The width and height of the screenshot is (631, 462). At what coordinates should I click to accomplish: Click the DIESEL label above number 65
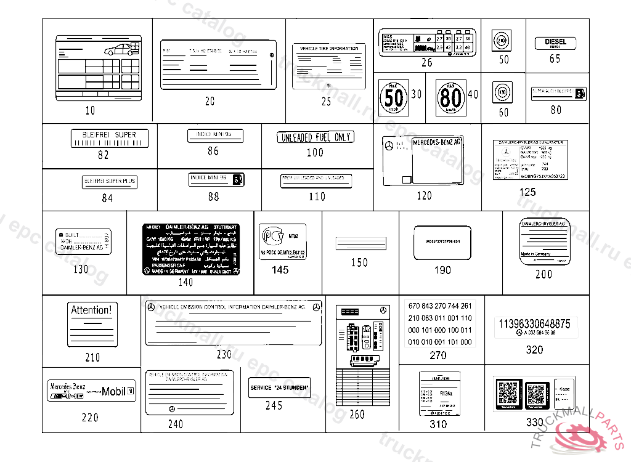555,43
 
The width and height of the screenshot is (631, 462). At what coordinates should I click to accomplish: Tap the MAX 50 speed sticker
393,97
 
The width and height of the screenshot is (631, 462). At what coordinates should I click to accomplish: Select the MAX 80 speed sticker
450,98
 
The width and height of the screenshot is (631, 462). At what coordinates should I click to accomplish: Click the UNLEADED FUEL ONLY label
315,137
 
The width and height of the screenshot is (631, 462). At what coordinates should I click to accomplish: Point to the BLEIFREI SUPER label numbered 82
109,138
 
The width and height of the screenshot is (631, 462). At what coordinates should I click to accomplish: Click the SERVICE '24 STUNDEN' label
279,388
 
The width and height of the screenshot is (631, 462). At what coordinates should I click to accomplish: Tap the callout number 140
185,282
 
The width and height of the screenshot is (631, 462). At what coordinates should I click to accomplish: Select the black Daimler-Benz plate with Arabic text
191,249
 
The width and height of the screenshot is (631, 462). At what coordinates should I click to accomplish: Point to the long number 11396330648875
534,323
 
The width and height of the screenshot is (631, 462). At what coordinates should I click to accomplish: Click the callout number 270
438,355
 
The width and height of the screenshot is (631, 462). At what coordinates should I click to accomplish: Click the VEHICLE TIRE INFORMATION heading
328,48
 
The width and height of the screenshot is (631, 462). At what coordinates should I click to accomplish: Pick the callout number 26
427,62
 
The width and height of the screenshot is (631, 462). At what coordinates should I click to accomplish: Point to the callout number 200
543,274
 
